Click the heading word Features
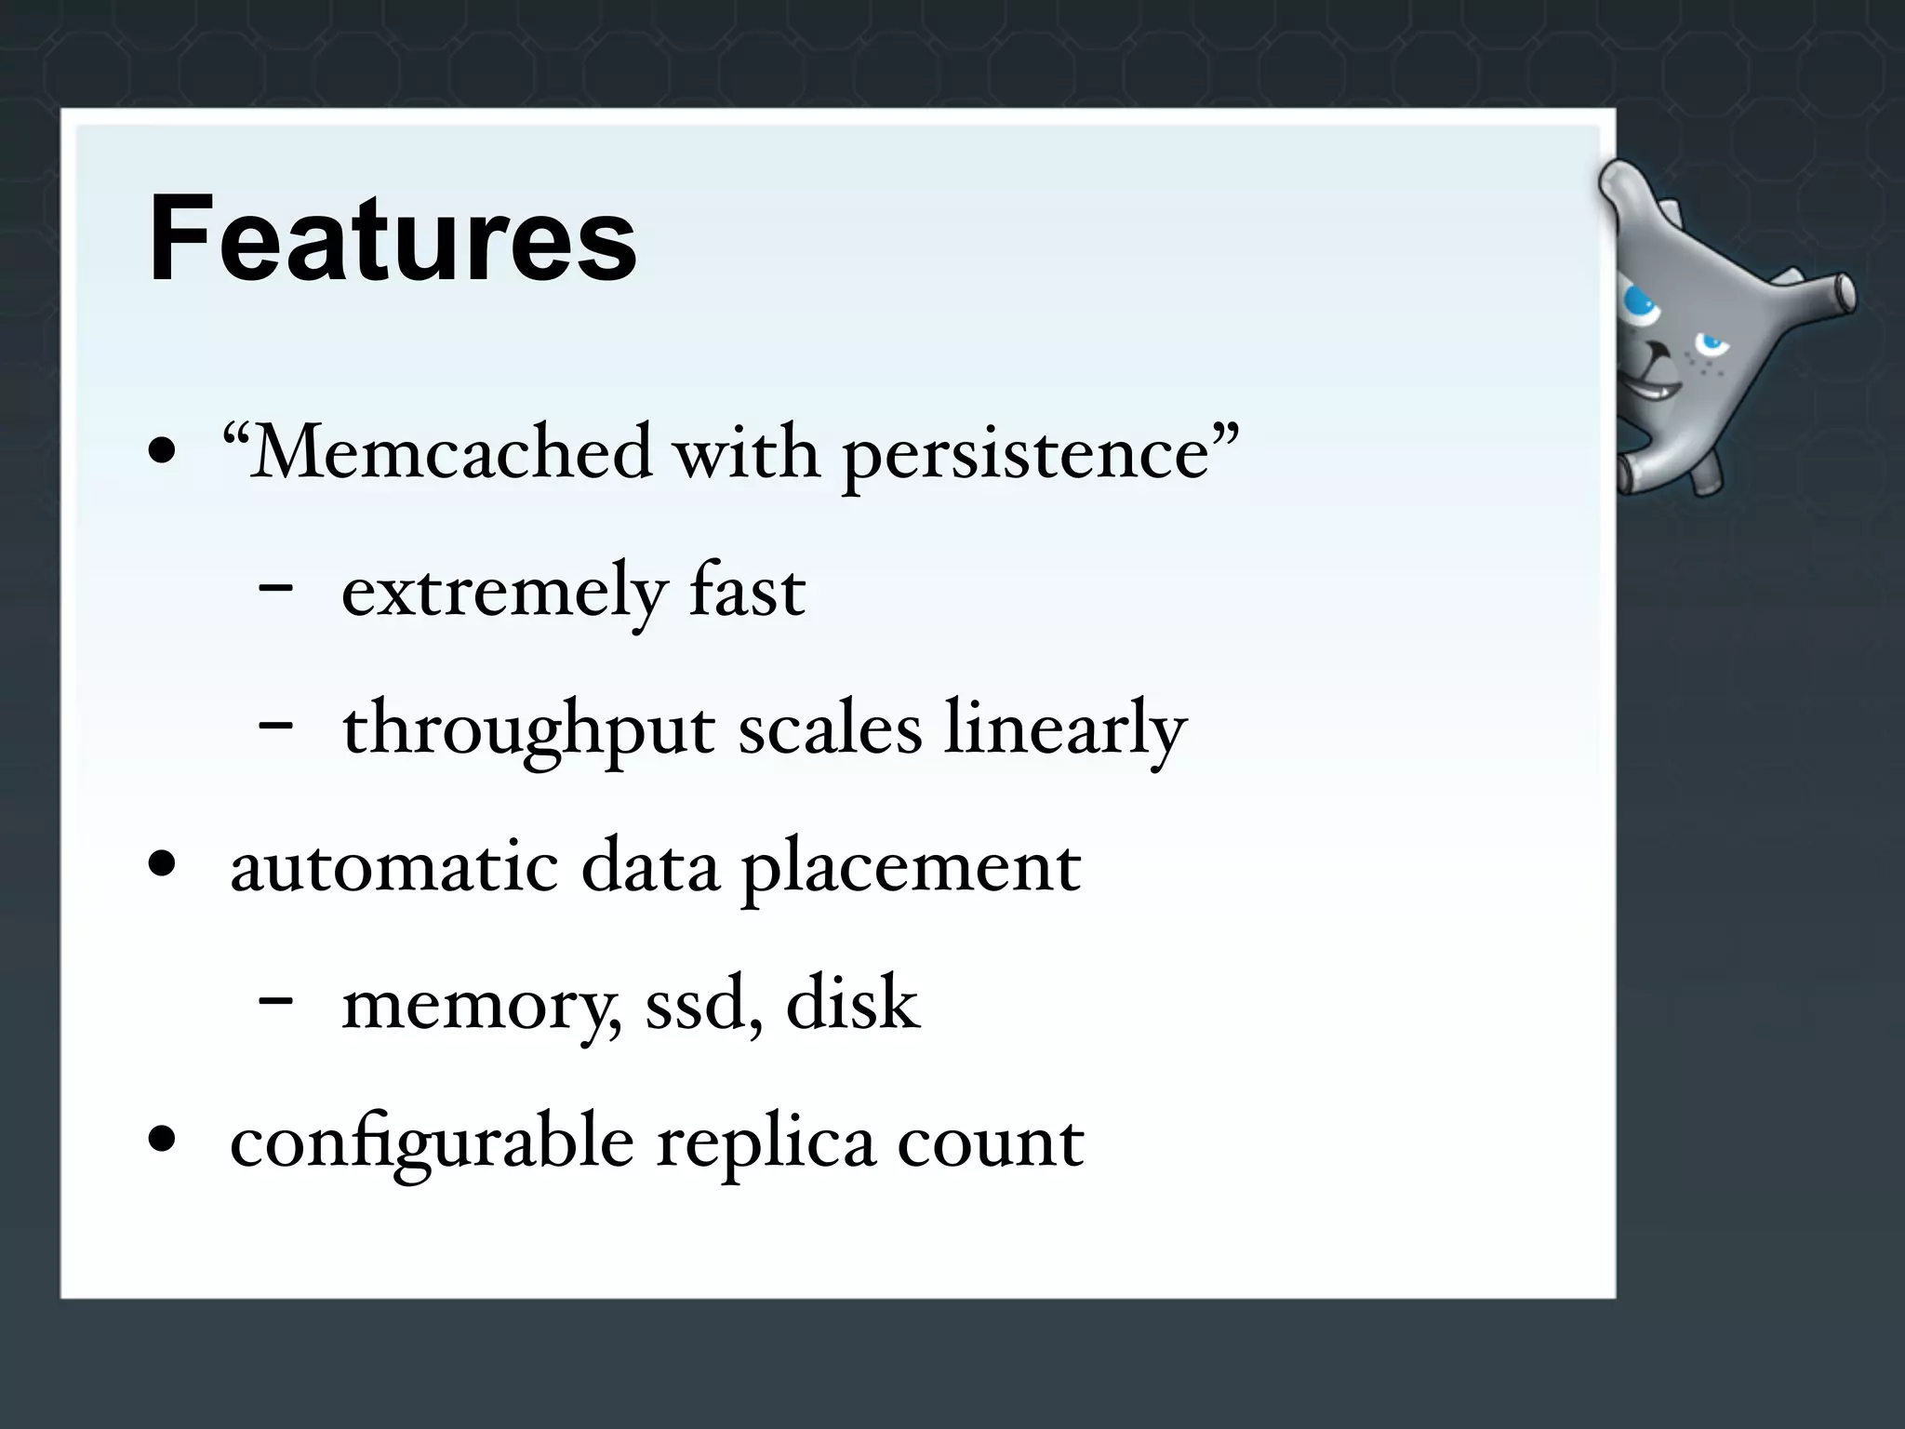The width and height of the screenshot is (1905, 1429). (393, 239)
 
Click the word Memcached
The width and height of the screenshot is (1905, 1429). (451, 453)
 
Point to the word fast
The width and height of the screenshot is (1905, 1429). (747, 591)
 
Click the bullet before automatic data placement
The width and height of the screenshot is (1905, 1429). (162, 865)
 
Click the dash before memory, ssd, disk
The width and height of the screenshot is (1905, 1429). (276, 1000)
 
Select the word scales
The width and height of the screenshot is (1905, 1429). (830, 728)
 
